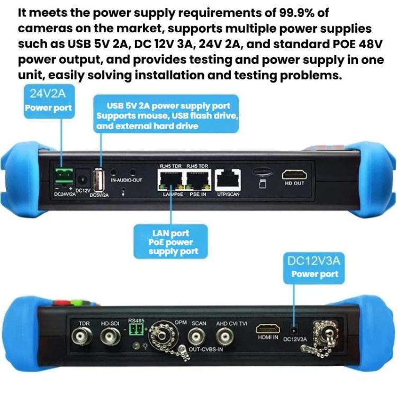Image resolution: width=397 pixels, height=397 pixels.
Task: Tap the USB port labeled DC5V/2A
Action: [97, 178]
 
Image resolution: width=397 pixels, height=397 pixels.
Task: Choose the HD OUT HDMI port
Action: [293, 175]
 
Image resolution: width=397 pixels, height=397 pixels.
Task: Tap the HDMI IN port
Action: [268, 329]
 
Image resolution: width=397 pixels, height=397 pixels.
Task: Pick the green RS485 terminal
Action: [136, 330]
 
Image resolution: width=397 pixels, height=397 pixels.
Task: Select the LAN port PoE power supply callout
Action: [170, 242]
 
